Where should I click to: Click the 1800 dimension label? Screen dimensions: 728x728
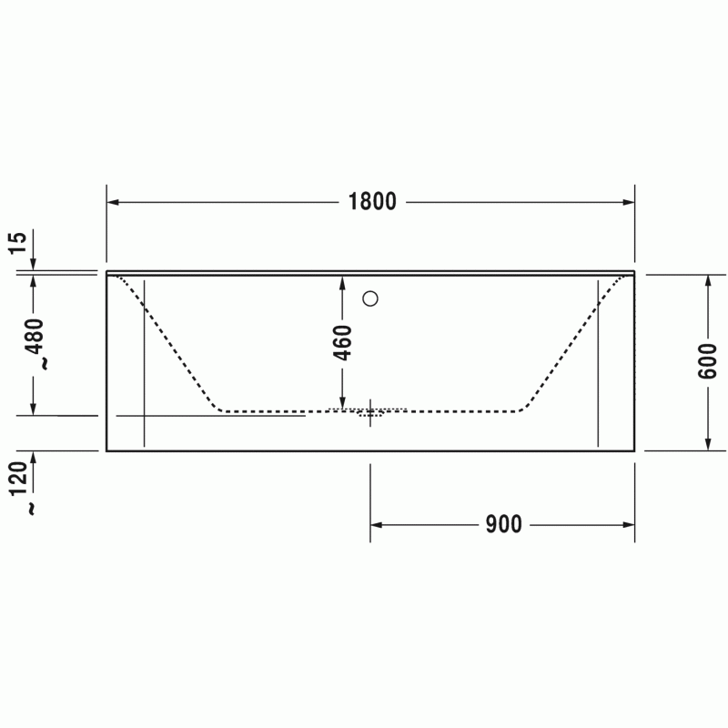point(372,202)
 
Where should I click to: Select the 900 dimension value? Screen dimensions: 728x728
point(504,525)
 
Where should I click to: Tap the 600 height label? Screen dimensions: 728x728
point(708,361)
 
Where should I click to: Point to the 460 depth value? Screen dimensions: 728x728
point(343,343)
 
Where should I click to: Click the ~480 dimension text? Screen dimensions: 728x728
point(36,344)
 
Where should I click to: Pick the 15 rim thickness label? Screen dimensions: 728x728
point(17,242)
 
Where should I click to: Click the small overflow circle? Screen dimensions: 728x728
point(370,298)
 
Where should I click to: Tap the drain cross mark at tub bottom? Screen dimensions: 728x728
point(370,412)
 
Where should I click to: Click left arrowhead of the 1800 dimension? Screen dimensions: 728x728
point(113,202)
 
